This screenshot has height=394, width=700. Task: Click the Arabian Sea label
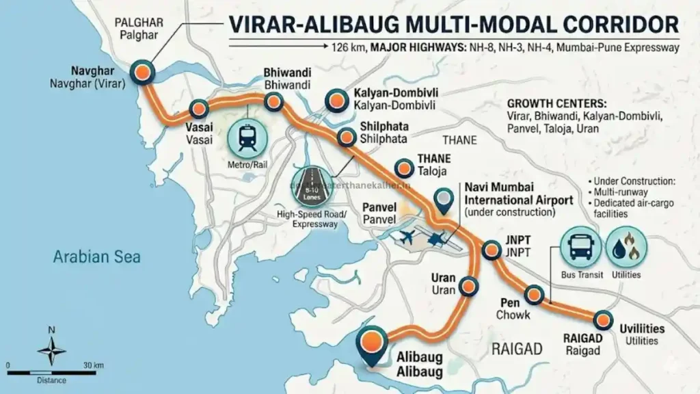click(97, 257)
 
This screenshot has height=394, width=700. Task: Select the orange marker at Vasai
click(198, 108)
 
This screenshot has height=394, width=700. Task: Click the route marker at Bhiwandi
click(274, 103)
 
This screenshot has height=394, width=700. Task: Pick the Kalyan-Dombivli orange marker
click(336, 101)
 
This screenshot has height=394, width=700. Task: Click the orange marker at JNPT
click(491, 250)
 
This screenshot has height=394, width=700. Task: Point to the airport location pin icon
click(446, 199)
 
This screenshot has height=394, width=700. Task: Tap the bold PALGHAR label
click(139, 23)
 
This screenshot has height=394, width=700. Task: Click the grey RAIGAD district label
click(517, 350)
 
